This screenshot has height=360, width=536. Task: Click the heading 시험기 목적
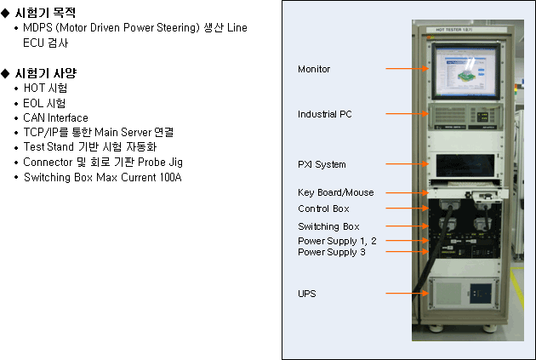[45, 13]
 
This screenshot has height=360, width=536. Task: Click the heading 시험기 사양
[46, 73]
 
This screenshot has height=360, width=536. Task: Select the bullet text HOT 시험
[45, 88]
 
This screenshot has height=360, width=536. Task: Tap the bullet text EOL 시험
[44, 103]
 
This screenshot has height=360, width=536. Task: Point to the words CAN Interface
[55, 118]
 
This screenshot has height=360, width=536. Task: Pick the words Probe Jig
[160, 163]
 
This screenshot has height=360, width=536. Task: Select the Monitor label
[314, 69]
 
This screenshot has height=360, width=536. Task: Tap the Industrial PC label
[325, 114]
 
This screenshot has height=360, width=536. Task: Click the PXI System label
[322, 164]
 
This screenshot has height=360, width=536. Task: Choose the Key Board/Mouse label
[336, 192]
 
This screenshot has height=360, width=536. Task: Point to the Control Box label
[323, 209]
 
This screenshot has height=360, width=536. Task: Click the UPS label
[306, 294]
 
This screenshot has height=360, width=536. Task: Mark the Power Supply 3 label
[332, 252]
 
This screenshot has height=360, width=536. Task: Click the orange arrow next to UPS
[408, 293]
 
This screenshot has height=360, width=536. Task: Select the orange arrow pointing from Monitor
[408, 68]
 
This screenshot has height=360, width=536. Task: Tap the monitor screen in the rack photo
[465, 71]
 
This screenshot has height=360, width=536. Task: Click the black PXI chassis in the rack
[465, 166]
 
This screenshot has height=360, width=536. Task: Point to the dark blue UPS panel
[481, 294]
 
